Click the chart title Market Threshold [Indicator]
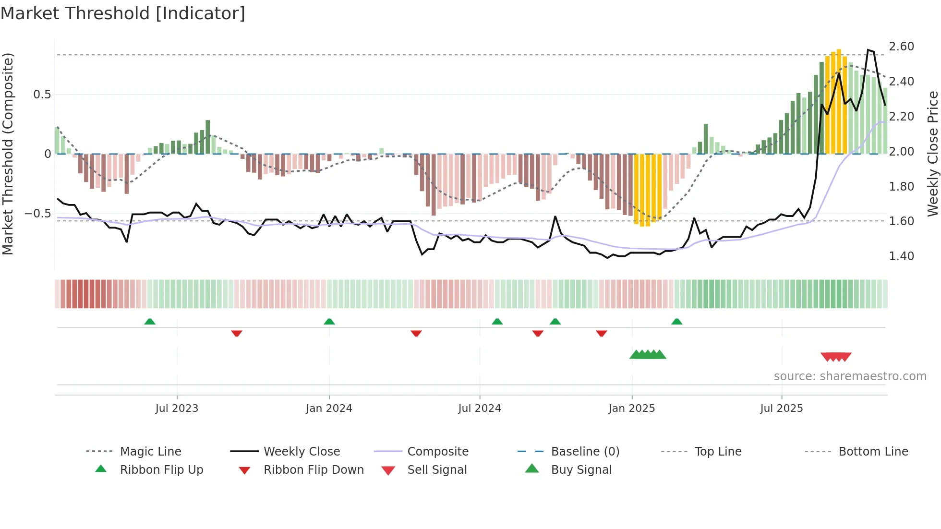point(123,13)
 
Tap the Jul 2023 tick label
point(177,409)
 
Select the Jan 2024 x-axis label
point(329,409)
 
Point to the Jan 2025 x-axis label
point(631,409)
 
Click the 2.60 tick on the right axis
point(901,47)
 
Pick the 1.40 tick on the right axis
point(901,256)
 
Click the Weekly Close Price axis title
point(932,154)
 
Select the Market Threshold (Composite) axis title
point(8,154)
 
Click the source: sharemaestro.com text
point(850,376)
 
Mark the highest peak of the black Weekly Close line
point(868,50)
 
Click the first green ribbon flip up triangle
point(150,322)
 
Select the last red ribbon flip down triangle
point(602,333)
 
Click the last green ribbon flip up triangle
point(676,322)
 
